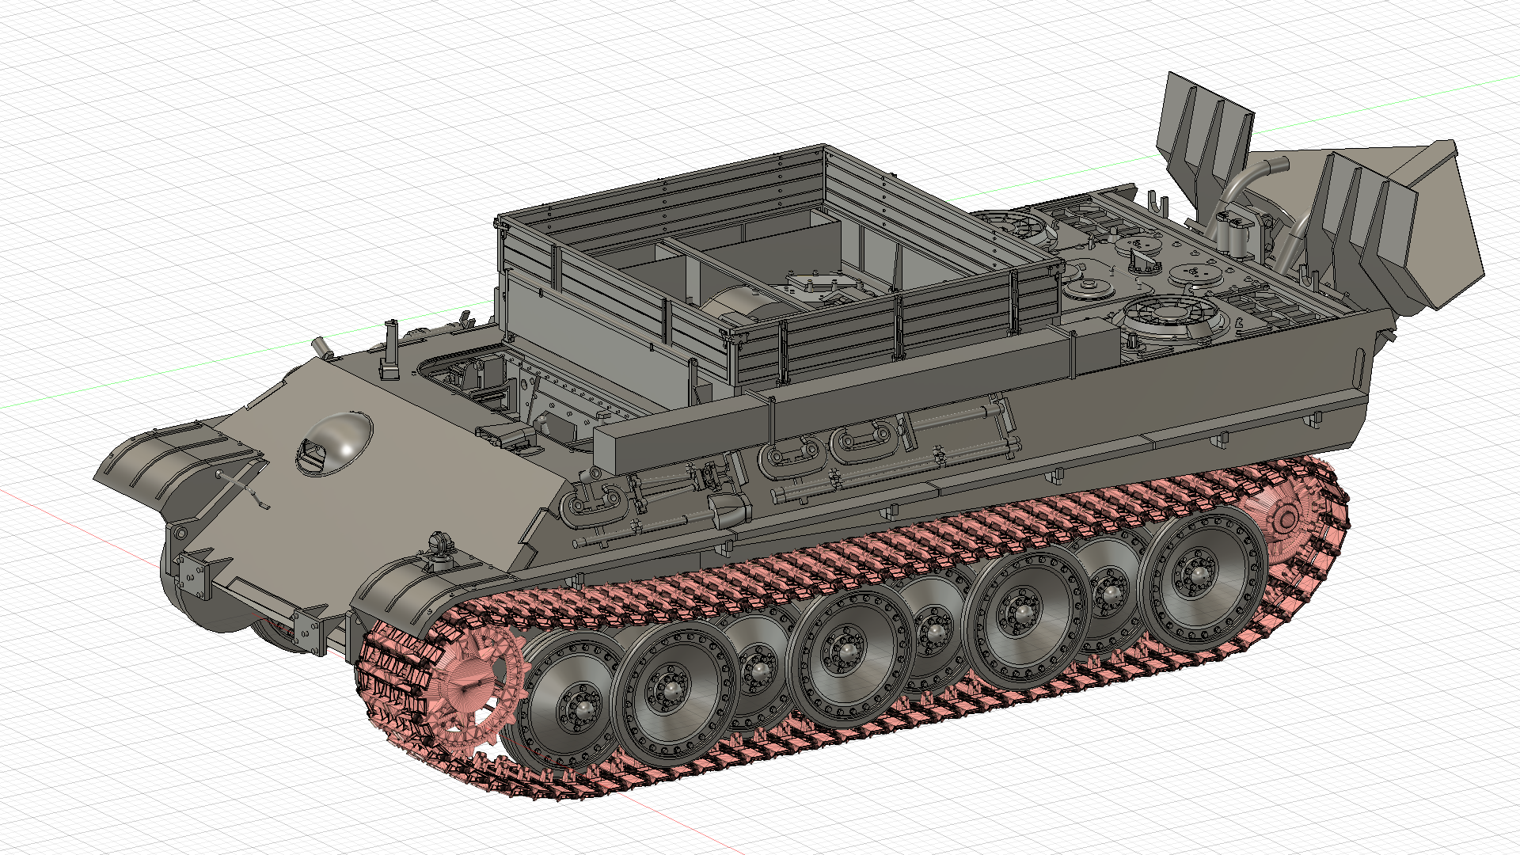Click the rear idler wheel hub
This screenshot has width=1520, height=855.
1287,519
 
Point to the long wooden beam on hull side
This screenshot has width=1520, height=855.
831,404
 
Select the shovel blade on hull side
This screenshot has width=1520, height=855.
729,511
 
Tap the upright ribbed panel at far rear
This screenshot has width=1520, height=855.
1203,127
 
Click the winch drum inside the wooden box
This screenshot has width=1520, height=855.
736,305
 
